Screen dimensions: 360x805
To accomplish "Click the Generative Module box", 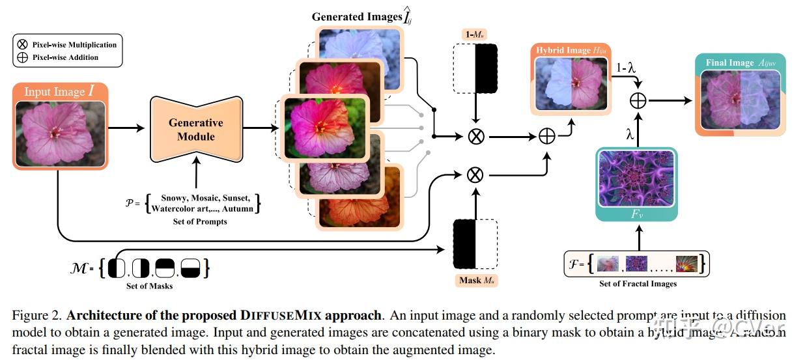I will point(195,129).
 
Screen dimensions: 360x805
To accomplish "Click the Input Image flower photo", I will point(59,133).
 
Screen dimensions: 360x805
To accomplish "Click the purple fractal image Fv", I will point(637,176).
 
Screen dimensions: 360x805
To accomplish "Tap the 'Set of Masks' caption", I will point(149,286).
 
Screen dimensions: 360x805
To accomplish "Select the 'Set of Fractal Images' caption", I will point(638,284).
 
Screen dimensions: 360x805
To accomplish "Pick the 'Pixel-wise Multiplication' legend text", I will point(74,45).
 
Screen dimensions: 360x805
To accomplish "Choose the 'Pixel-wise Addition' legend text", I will point(65,57).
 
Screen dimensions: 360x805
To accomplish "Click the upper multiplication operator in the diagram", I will point(476,137).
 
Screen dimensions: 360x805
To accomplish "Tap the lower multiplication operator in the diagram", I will point(476,174).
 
